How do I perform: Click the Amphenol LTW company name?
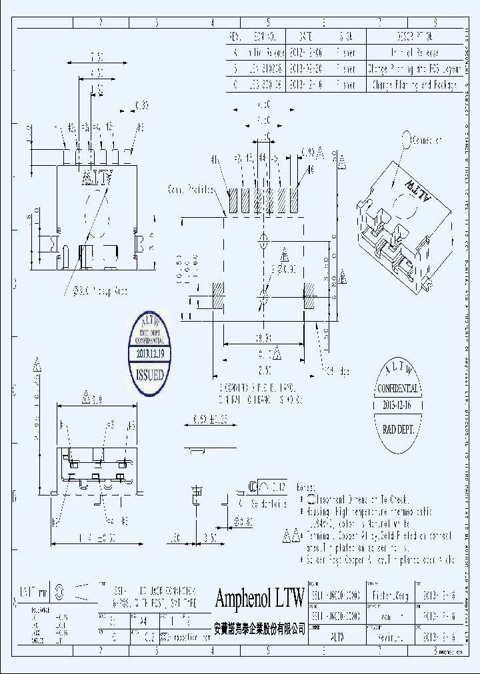tap(259, 597)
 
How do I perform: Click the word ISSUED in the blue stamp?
tap(150, 375)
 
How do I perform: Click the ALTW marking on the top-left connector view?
tap(97, 177)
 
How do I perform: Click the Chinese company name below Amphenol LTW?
tap(259, 627)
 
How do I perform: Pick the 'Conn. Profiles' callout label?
tap(191, 189)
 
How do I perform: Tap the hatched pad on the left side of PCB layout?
tap(218, 294)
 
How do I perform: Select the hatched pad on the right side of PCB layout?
tap(309, 294)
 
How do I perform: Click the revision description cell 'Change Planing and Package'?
tap(413, 85)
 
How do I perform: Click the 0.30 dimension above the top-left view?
tap(141, 105)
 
